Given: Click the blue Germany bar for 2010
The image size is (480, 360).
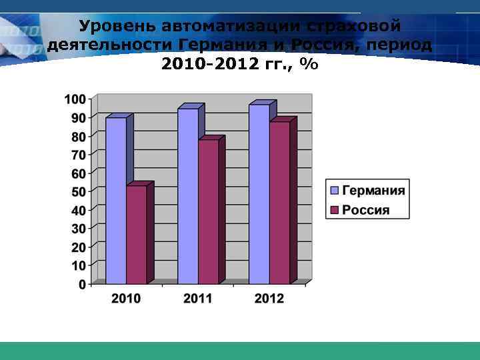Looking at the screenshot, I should (116, 200).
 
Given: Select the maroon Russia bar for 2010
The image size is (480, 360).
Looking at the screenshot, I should (137, 234).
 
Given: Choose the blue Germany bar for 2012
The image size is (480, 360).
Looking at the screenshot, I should (259, 193).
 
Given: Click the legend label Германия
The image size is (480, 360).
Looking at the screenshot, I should (374, 191).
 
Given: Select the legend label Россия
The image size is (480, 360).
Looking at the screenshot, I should (366, 210).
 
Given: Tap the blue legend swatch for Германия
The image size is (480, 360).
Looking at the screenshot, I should (335, 191).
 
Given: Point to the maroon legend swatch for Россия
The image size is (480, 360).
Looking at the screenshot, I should (335, 210).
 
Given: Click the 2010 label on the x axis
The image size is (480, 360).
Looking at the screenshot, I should (126, 299).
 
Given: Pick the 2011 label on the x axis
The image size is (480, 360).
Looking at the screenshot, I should (198, 299).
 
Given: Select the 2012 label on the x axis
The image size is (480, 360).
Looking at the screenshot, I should (269, 299).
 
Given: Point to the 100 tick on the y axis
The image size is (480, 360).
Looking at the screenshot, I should (75, 99).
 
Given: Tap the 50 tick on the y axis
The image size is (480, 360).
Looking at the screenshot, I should (78, 192).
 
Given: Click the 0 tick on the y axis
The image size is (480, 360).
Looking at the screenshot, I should (82, 284).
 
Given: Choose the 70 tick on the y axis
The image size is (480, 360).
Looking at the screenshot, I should (78, 155).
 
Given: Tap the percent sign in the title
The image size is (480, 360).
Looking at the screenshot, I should (309, 65).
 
